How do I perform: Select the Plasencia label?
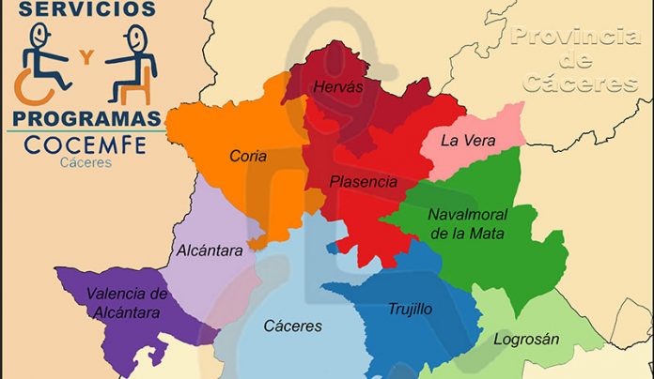tap(363, 181)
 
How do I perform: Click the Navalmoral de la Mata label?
tap(467, 222)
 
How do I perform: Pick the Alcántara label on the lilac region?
tap(210, 250)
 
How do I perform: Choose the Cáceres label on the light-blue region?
tap(292, 326)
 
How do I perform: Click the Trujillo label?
tap(410, 308)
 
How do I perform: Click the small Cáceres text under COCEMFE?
tap(86, 162)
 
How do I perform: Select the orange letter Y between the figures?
tap(87, 58)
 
